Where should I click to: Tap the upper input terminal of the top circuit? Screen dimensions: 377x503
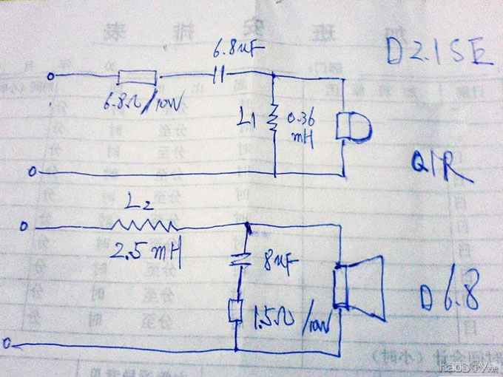50,76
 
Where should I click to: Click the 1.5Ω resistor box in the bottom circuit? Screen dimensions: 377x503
236,310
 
